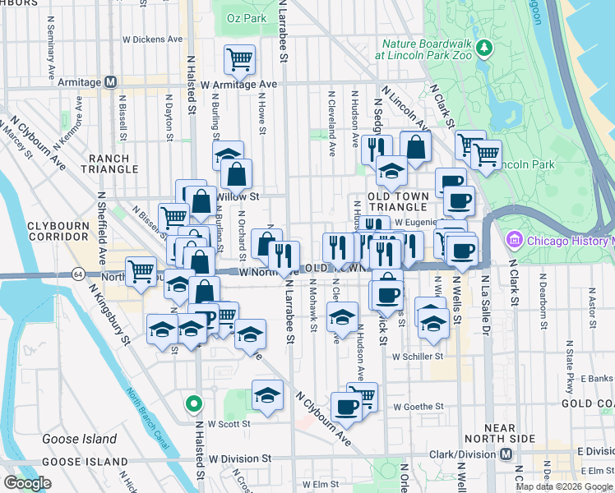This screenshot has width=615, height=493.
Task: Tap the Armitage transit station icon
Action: [110, 83]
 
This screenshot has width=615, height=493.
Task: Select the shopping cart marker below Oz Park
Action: [239, 58]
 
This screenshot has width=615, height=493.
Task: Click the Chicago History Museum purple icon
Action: [516, 241]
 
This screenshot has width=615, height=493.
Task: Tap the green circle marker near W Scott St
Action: [193, 403]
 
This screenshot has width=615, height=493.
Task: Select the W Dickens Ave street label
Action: [152, 39]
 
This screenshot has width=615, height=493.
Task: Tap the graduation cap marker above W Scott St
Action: [267, 395]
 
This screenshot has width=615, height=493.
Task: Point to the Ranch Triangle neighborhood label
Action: [109, 164]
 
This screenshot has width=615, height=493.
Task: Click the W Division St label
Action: [240, 458]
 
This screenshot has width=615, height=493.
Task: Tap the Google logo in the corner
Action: [27, 483]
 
